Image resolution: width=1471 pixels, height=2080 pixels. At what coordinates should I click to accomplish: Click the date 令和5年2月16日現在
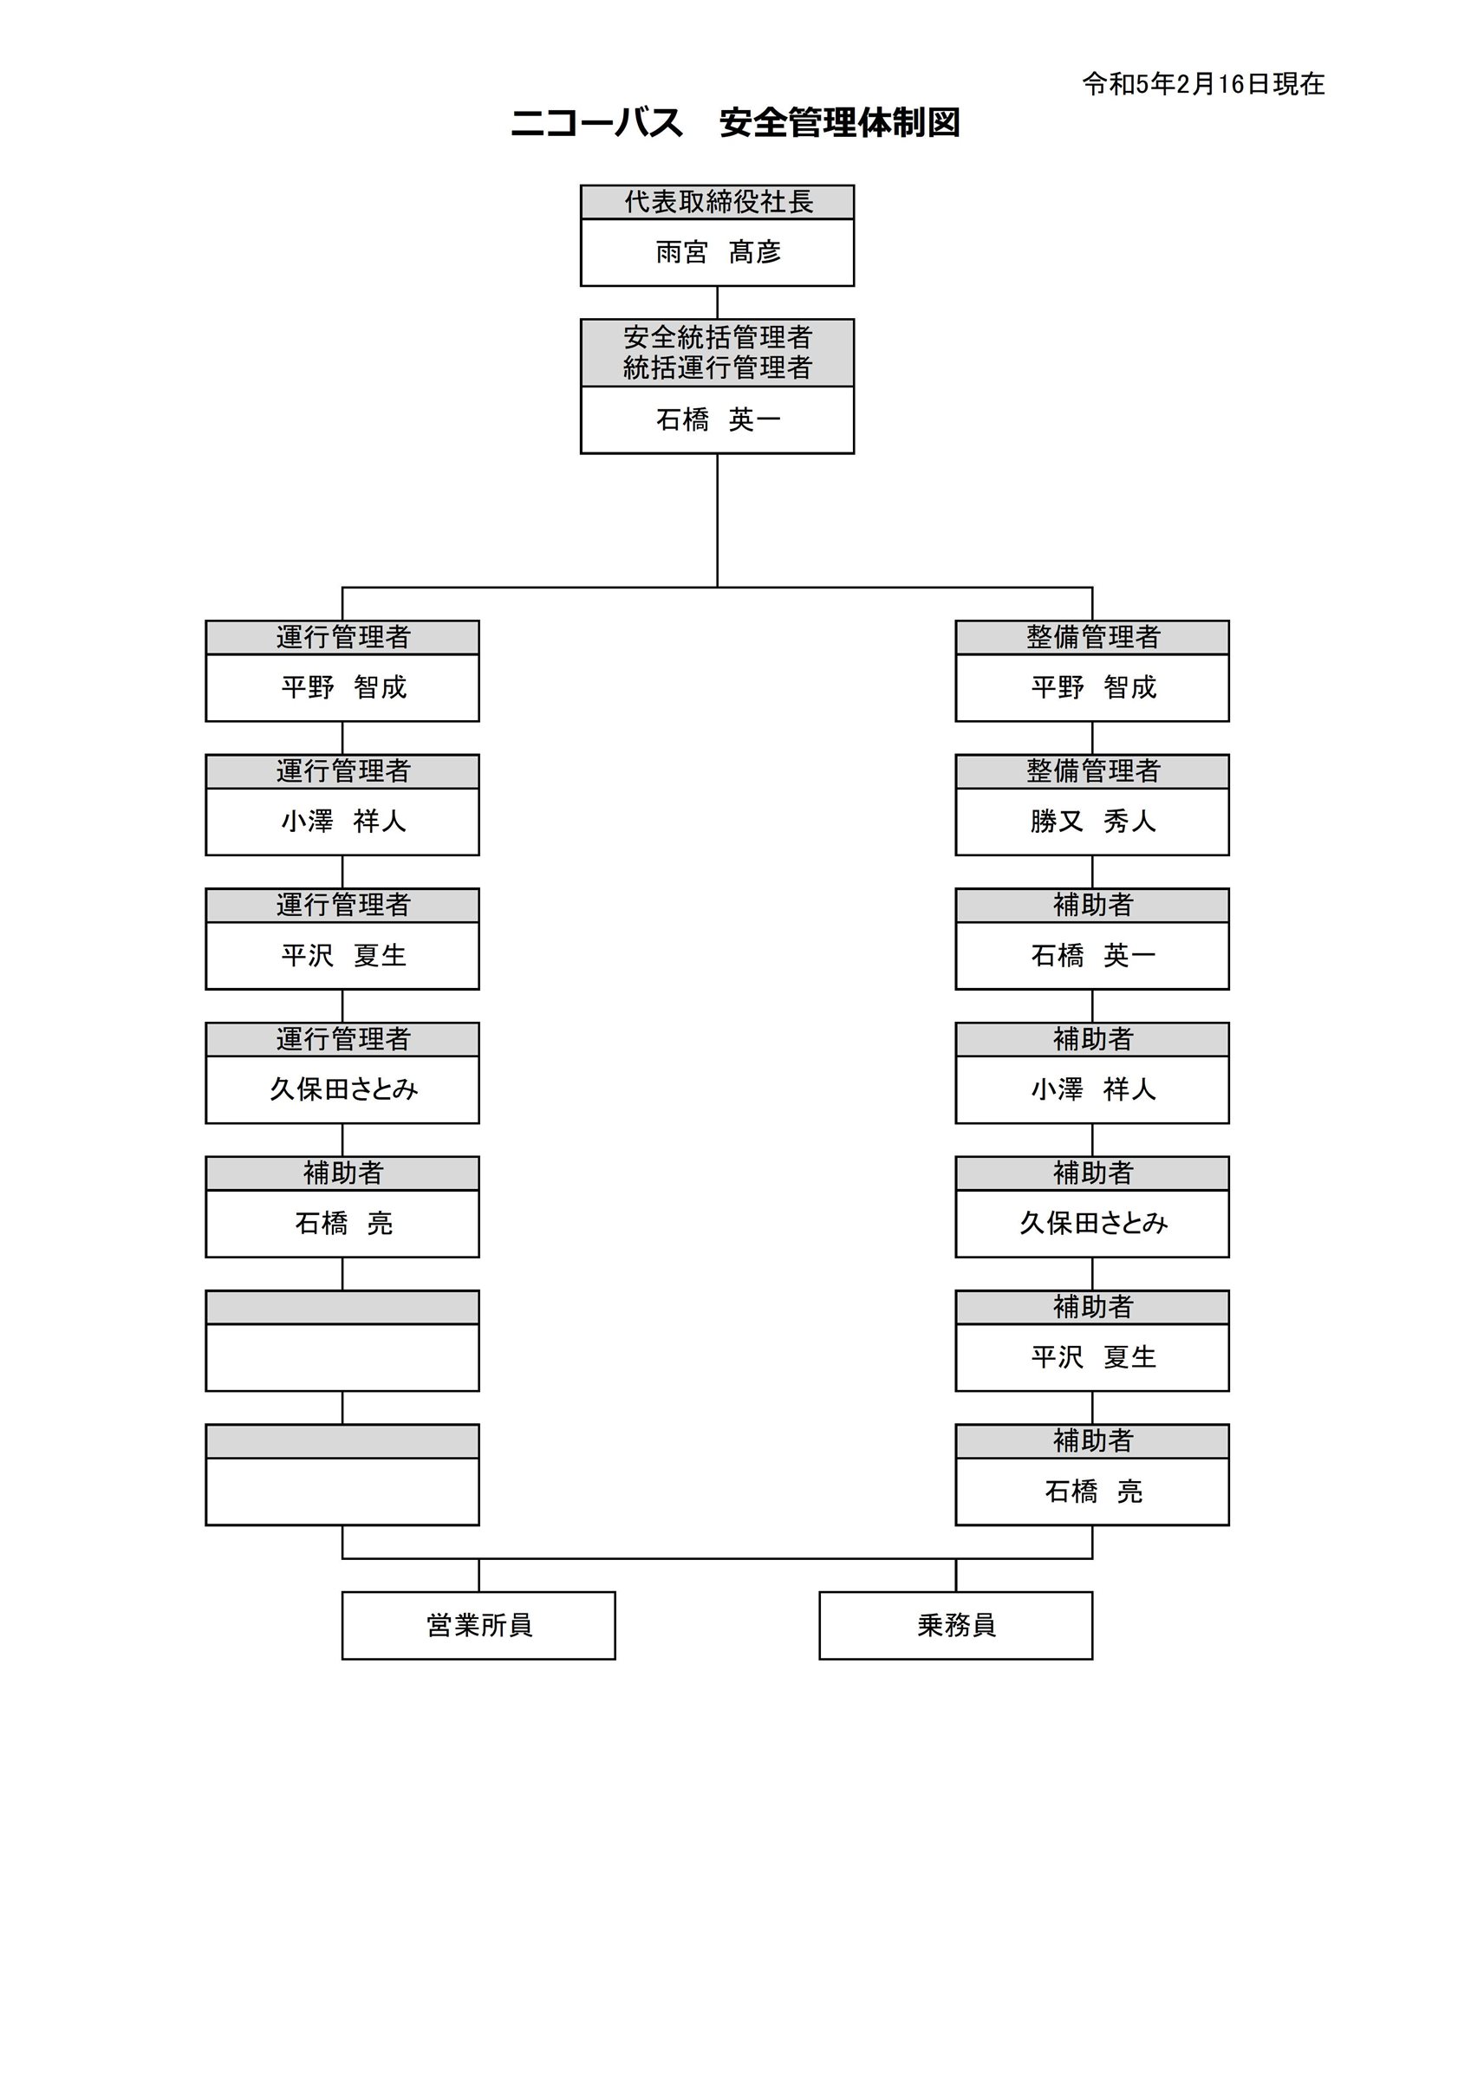coord(1203,84)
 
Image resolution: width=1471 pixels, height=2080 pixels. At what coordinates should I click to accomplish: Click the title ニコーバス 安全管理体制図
coord(735,122)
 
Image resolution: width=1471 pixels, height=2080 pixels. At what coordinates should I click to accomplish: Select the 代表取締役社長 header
coord(718,202)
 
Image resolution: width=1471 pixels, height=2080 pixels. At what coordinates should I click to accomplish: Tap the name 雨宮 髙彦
coord(718,252)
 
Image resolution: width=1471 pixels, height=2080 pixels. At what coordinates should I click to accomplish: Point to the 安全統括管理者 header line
coord(718,337)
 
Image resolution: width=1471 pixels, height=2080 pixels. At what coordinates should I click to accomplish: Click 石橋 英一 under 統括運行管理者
coord(718,419)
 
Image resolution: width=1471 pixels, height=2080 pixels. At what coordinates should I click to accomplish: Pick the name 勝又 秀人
coord(1093,821)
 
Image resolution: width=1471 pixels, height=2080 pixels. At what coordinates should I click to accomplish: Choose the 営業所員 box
coord(478,1625)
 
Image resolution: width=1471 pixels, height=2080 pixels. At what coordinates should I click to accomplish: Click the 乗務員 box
coord(956,1625)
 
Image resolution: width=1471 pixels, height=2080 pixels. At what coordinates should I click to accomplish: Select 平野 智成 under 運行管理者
coord(343,686)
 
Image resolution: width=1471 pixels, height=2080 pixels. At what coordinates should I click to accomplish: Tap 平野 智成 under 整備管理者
coord(1093,686)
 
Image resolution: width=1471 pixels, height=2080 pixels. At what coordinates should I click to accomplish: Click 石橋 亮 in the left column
coord(343,1223)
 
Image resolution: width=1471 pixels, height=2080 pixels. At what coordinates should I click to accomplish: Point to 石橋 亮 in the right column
coord(1093,1491)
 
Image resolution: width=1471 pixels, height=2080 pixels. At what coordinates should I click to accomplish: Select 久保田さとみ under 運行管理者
coord(343,1089)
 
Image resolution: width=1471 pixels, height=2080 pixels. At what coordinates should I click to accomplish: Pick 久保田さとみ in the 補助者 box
coord(1093,1223)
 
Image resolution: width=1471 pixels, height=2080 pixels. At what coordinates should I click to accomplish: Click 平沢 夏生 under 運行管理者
coord(343,955)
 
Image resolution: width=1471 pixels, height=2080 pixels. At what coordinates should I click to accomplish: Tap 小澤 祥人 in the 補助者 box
coord(1093,1089)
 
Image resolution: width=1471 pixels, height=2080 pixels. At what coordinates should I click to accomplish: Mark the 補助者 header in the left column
coord(343,1173)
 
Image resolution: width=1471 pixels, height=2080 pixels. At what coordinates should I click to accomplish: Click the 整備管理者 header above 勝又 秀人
coord(1093,771)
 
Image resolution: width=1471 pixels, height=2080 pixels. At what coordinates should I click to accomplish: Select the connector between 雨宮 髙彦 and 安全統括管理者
coord(718,302)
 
